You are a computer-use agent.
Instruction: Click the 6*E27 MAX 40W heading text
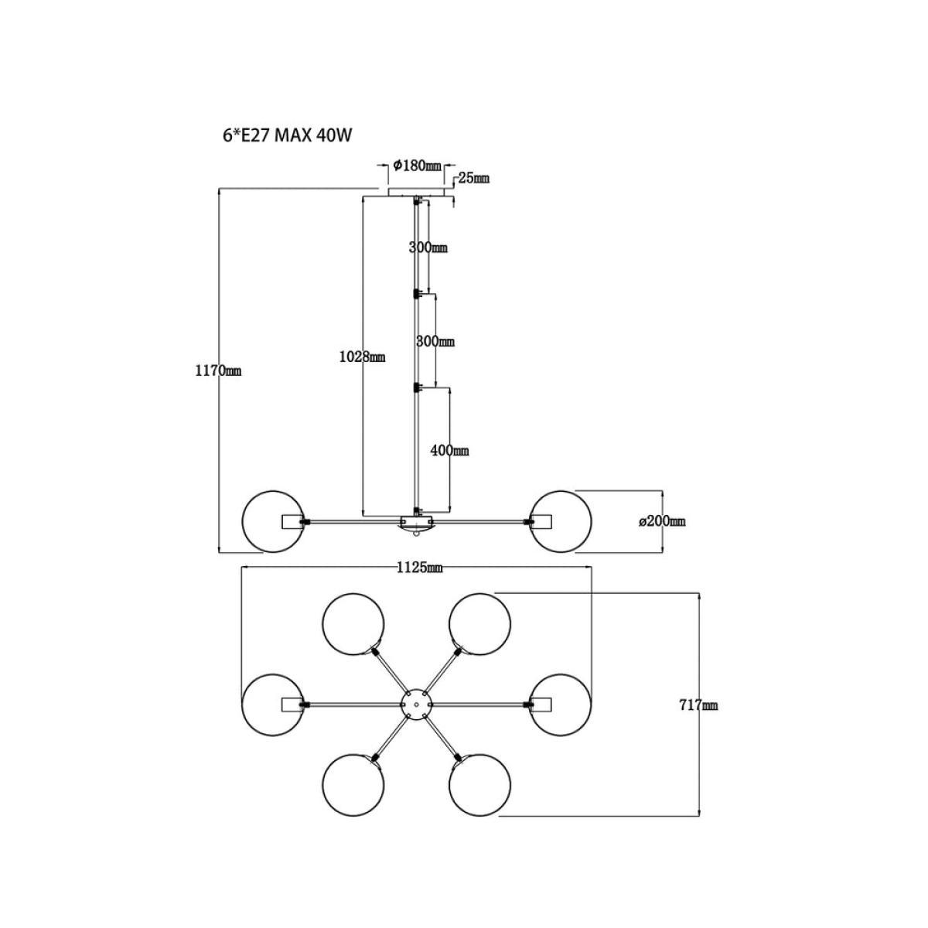coord(288,136)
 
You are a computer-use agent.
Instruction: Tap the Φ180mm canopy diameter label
coord(417,165)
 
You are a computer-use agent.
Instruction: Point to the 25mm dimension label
coord(473,178)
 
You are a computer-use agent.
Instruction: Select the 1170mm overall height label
coord(218,371)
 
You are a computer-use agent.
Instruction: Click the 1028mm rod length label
coord(362,357)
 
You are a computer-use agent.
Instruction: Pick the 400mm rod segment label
coord(449,451)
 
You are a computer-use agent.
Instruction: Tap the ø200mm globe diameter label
coord(662,521)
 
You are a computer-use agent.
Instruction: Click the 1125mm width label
coord(419,568)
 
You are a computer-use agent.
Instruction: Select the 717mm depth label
coord(698,705)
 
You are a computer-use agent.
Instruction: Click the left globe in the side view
coord(242,522)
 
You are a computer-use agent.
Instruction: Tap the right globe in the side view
coord(591,522)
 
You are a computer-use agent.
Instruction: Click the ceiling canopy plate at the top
coord(417,192)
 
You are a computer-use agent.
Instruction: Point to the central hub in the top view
coord(417,705)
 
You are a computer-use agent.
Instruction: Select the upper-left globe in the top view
coord(323,624)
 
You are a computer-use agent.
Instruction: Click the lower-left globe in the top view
coord(323,785)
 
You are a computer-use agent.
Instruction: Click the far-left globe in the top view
coord(242,705)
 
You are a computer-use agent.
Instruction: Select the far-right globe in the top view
coord(591,705)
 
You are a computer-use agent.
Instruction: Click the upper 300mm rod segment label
coord(428,248)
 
